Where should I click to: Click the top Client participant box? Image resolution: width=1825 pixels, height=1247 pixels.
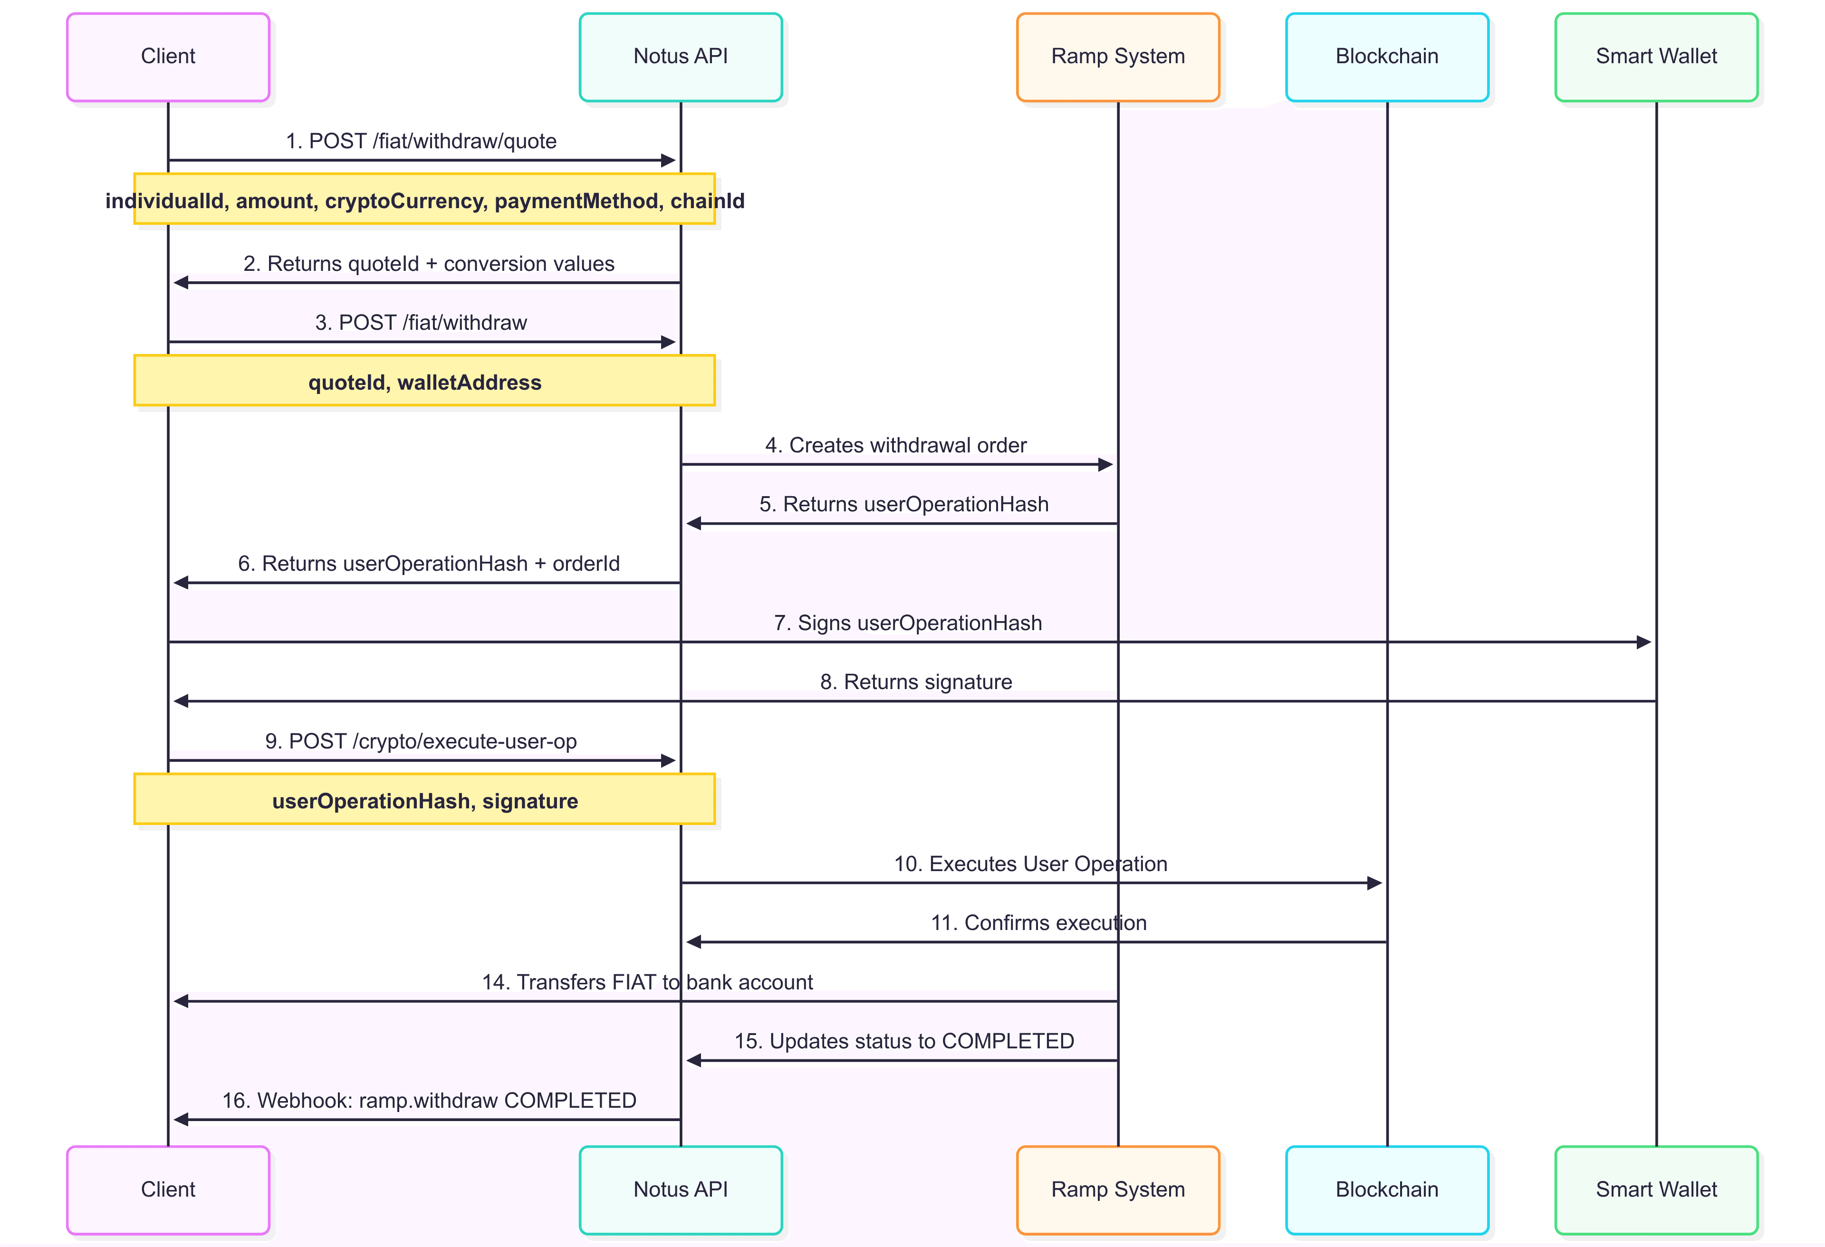[168, 57]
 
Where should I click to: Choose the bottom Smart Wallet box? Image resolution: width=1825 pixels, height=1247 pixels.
[1656, 1189]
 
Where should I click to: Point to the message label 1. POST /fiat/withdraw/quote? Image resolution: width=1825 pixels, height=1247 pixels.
[421, 141]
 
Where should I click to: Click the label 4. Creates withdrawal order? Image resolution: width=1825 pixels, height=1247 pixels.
[896, 445]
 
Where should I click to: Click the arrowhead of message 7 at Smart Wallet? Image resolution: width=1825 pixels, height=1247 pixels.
[1643, 643]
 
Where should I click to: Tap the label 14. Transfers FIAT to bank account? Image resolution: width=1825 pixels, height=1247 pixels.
[647, 982]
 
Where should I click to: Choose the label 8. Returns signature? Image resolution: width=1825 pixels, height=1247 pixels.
[916, 681]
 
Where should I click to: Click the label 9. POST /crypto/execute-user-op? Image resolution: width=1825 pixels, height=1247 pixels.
[421, 741]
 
